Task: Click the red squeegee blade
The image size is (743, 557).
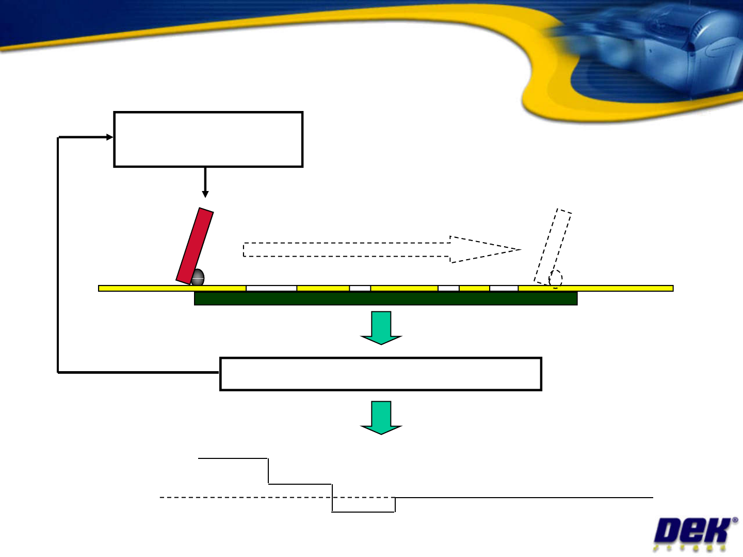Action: coord(195,246)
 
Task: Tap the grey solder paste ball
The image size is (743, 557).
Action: coord(198,278)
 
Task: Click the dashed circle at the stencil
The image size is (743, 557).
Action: coord(555,279)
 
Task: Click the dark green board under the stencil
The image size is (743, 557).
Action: coord(385,298)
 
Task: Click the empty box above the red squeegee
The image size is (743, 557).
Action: coord(208,139)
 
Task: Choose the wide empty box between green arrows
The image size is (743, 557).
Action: coord(380,374)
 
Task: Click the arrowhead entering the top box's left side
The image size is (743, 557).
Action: coord(109,137)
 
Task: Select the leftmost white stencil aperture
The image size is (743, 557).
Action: coord(271,288)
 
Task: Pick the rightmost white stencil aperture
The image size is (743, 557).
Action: coord(504,288)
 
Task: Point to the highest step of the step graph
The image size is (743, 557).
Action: coord(233,458)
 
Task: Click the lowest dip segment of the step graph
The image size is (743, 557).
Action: coord(363,512)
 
